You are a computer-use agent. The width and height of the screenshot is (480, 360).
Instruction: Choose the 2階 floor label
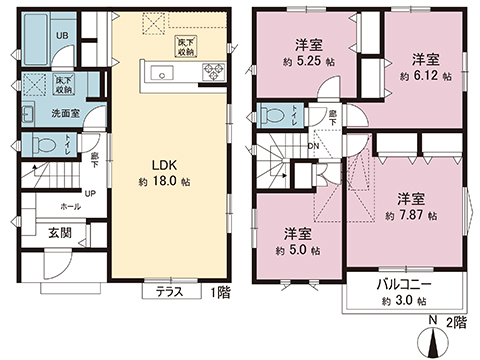(x=457, y=322)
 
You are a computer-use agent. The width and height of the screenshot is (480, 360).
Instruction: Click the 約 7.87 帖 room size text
(x=408, y=214)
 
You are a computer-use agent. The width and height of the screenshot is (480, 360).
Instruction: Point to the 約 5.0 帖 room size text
(x=296, y=251)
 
